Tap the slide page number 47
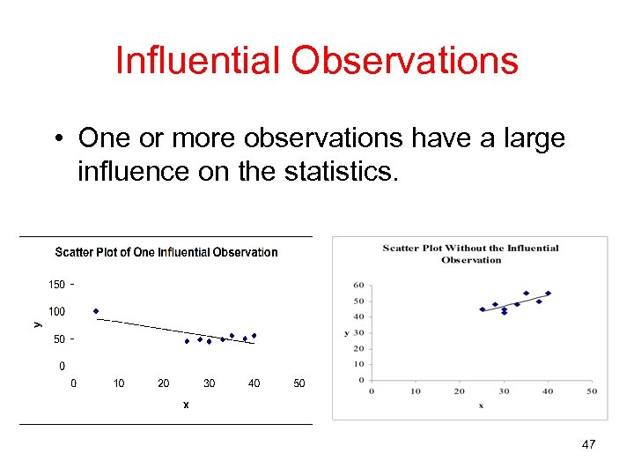588,445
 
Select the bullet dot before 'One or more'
55,139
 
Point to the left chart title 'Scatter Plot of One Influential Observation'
166,252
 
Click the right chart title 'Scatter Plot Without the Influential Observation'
470,254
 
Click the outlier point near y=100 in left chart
96,311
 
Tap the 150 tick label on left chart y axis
55,284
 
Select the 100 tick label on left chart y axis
55,311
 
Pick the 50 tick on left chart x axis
299,383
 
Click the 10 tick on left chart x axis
119,383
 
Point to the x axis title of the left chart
186,405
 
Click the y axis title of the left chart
37,324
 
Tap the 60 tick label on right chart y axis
358,285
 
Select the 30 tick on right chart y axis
358,332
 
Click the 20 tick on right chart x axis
459,391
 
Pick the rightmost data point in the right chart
548,294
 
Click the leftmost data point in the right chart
482,309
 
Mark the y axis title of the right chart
346,333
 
